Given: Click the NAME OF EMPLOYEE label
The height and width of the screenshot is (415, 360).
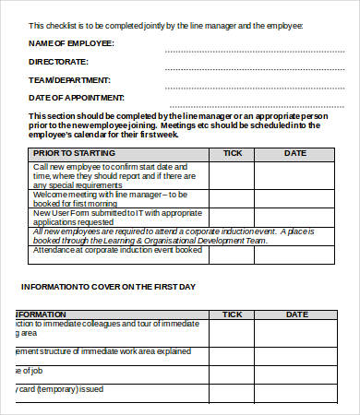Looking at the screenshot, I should (72, 43).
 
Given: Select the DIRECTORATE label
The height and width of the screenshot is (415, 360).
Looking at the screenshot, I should (59, 61).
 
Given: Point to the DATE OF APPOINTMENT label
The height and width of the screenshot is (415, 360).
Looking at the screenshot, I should (75, 96).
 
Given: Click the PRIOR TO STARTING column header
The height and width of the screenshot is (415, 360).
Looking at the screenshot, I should (75, 153).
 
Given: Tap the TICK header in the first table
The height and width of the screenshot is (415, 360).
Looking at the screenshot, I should (232, 153).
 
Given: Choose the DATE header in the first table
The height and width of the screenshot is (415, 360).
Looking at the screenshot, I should (294, 153).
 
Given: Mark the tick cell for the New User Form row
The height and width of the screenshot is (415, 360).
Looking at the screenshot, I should (232, 217).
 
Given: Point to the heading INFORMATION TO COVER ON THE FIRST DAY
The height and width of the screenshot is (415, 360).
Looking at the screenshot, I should (108, 287).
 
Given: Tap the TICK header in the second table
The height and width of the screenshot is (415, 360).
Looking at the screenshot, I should (232, 314).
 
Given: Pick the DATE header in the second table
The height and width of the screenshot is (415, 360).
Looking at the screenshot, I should (296, 314).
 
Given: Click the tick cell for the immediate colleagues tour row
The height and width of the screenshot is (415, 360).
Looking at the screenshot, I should (232, 330).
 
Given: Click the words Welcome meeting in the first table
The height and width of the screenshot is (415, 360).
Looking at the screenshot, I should (61, 195).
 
